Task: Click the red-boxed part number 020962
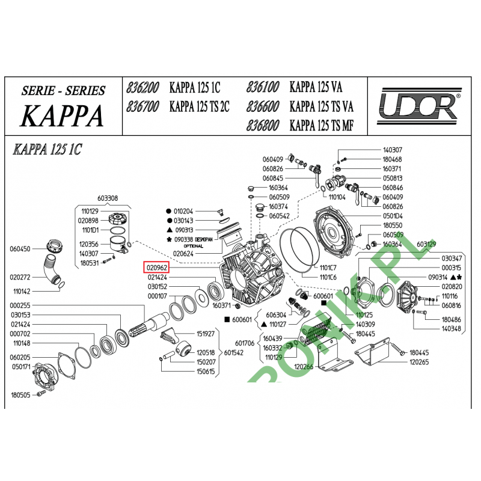pos(156,267)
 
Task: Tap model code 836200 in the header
pos(143,88)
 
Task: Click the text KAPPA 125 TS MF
pos(321,126)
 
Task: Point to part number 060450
pos(20,248)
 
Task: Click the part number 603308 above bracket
pos(108,198)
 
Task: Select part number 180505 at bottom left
pos(20,395)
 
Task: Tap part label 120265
pos(419,363)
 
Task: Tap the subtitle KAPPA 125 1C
pos(47,150)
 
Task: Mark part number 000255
pos(20,305)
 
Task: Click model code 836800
pos(263,126)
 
